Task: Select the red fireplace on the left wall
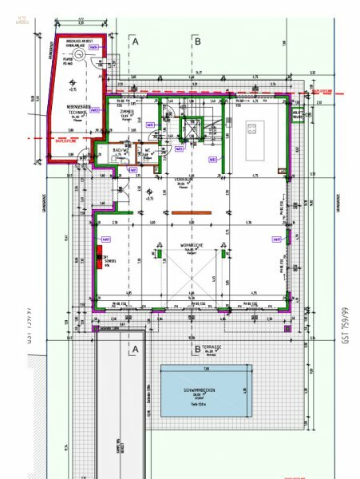click(x=99, y=259)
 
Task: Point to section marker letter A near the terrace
click(x=136, y=349)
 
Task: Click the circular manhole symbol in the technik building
click(x=73, y=85)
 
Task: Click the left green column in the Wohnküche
click(x=160, y=253)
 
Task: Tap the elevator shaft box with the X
click(x=192, y=126)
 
